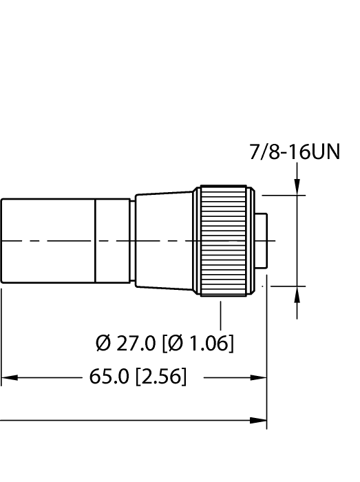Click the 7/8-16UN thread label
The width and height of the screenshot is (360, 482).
pyautogui.click(x=294, y=152)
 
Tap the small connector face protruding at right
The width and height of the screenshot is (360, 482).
pyautogui.click(x=260, y=241)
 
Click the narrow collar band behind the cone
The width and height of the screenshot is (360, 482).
pyautogui.click(x=113, y=241)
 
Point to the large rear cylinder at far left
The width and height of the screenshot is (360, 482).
pyautogui.click(x=47, y=241)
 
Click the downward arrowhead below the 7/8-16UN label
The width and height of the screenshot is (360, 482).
pyautogui.click(x=297, y=188)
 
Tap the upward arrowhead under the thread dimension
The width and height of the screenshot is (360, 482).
pyautogui.click(x=297, y=293)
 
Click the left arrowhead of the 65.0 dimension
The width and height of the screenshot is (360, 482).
pyautogui.click(x=8, y=377)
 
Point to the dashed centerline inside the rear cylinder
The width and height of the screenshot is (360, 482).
pyautogui.click(x=48, y=241)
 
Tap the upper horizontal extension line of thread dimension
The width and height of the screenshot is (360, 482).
pyautogui.click(x=282, y=196)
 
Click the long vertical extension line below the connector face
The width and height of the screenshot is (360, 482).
pyautogui.click(x=267, y=358)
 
